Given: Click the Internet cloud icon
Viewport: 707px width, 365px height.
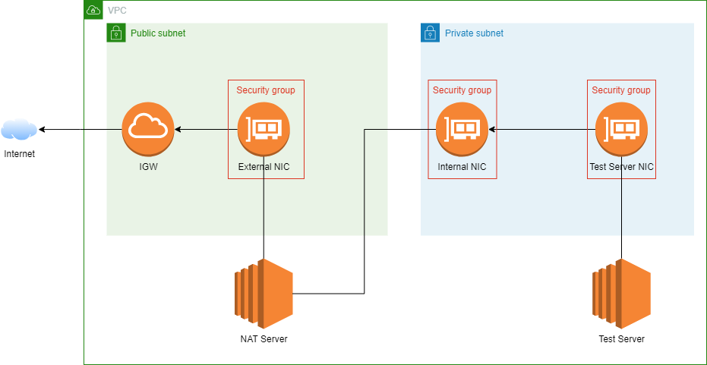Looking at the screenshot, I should [x=19, y=130].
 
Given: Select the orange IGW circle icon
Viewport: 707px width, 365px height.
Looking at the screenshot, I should [x=148, y=129].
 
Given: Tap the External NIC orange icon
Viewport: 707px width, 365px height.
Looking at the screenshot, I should [x=264, y=129].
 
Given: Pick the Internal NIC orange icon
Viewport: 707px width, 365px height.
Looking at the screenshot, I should [x=462, y=129].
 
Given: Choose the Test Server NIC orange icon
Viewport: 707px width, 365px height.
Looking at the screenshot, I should [x=621, y=129].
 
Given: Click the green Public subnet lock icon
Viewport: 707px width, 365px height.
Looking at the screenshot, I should [x=115, y=33].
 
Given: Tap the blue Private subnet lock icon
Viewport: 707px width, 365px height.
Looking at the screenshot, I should [x=430, y=33].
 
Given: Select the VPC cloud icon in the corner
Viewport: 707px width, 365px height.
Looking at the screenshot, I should [x=93, y=10].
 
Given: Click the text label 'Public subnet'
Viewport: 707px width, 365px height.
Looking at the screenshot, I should [x=158, y=33].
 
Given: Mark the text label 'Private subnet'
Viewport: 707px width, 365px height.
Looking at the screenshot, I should [x=474, y=33].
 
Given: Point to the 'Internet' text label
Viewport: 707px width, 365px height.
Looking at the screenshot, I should [x=19, y=154].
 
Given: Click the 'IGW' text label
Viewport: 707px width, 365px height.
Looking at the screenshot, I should [x=148, y=167].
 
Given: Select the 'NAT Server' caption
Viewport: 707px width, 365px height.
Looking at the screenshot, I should [x=264, y=339].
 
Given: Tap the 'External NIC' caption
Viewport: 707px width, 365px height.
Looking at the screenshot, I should [x=264, y=167].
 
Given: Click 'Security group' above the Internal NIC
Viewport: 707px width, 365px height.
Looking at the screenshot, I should [x=462, y=90].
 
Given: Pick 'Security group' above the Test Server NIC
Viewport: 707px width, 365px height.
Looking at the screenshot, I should [x=621, y=90].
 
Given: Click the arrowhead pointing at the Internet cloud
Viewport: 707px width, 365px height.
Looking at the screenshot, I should [x=43, y=130].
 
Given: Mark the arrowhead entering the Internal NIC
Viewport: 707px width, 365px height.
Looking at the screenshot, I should [x=491, y=130].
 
